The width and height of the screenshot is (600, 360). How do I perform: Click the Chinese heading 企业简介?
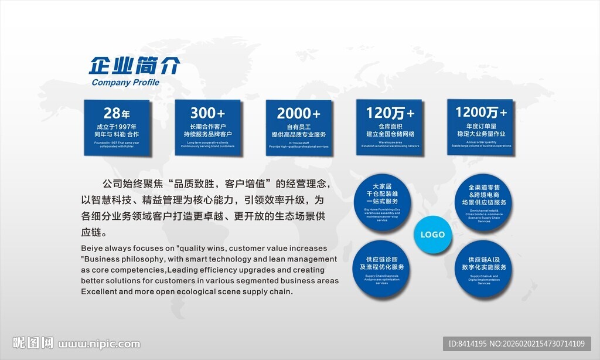coord(134,65)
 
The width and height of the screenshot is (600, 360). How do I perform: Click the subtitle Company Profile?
coord(125,83)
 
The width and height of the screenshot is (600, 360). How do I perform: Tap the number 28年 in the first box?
coord(117,113)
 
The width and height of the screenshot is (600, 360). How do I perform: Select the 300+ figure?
coord(207,113)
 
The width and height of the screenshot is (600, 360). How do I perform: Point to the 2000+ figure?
coord(298,113)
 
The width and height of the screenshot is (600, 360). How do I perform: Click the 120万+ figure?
coord(390,112)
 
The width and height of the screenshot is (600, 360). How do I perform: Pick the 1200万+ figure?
coord(480,112)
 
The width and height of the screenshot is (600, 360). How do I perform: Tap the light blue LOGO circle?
coord(433,235)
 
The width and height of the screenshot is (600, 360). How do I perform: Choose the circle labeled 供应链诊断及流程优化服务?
coord(382,267)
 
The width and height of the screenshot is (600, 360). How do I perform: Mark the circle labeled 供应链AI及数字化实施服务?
coord(484,267)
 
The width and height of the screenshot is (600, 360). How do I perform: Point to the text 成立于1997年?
coord(117,127)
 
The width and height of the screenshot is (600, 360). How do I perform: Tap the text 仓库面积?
coord(390,126)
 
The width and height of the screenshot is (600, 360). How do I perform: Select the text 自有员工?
coord(298,127)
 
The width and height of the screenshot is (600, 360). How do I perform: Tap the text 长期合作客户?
coord(207,127)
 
